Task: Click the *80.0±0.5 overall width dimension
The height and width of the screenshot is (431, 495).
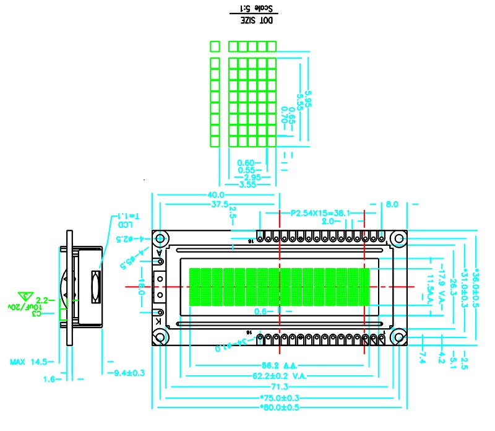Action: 280,407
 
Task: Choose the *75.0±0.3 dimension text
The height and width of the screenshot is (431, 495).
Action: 280,398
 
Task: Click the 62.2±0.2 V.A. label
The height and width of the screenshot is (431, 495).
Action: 280,376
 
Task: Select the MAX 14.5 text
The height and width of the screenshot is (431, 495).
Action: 28,361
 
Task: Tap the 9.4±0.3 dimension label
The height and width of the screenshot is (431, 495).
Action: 127,373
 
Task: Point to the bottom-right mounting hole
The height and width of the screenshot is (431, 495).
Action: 398,337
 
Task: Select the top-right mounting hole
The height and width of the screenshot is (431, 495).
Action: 398,239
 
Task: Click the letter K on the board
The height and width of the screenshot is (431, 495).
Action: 158,323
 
